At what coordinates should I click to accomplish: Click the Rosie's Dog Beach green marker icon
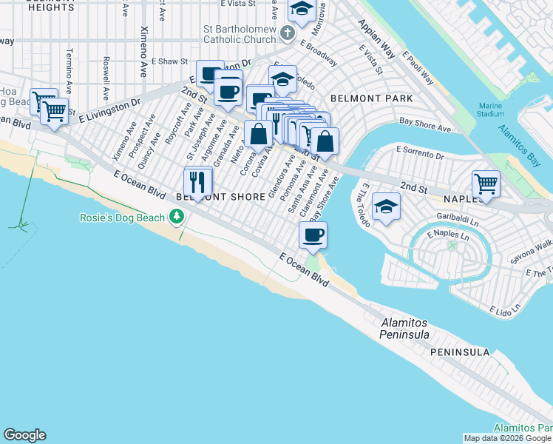click(x=176, y=217)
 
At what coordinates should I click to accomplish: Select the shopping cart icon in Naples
click(x=486, y=182)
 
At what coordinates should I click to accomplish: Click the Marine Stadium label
click(x=491, y=110)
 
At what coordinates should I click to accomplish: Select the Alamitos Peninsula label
click(x=405, y=329)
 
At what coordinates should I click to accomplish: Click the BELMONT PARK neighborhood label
click(x=371, y=98)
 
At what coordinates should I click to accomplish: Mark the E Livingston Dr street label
click(x=109, y=109)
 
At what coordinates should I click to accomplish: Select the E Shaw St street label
click(x=170, y=62)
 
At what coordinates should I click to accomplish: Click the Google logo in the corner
click(x=24, y=435)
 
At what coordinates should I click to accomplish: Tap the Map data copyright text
click(x=507, y=438)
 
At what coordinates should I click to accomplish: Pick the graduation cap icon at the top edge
click(x=301, y=9)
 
